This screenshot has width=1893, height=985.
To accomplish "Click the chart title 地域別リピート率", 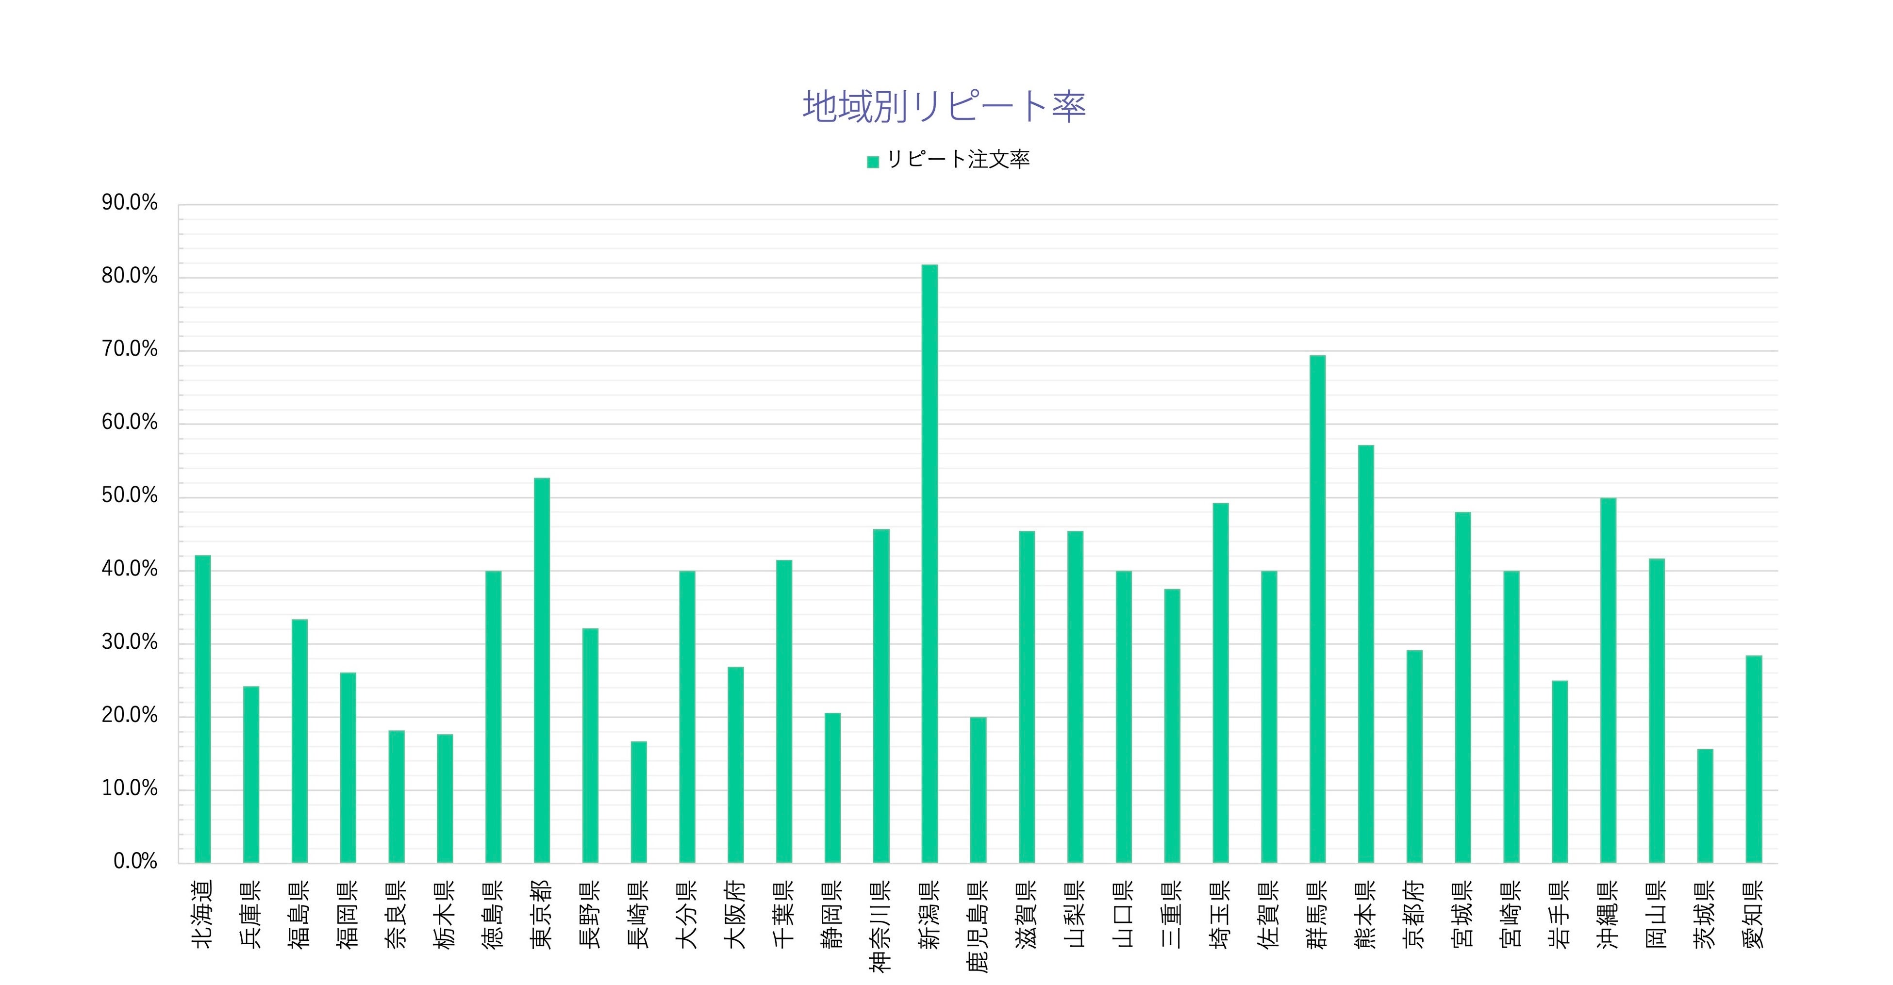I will click(x=944, y=107).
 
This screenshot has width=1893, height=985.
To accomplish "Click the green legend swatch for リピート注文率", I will click(x=873, y=162).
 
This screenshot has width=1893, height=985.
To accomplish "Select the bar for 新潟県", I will click(x=930, y=563).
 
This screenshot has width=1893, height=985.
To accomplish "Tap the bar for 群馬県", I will click(x=1318, y=609).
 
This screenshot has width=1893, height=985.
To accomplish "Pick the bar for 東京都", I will click(x=542, y=670).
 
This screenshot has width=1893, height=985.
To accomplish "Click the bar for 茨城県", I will click(x=1705, y=806).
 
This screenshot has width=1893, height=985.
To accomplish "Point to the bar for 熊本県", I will click(x=1366, y=654).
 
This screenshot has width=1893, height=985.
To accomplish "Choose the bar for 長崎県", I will click(x=639, y=802).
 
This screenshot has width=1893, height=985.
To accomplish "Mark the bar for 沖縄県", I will click(x=1608, y=680).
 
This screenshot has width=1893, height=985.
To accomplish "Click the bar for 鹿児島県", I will click(x=978, y=789).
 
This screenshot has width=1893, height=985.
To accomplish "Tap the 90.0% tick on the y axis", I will click(x=130, y=203).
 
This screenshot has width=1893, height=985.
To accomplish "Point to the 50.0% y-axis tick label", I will click(x=130, y=496).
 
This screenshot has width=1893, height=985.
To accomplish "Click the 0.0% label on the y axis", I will click(x=136, y=862).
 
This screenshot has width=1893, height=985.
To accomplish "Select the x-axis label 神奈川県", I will click(x=881, y=925).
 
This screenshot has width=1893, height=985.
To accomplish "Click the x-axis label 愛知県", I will click(x=1753, y=915).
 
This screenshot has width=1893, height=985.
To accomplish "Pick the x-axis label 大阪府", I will click(x=735, y=915).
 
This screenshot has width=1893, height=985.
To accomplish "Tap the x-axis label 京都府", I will click(x=1414, y=915).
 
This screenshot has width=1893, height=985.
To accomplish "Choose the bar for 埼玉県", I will click(x=1221, y=683).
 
